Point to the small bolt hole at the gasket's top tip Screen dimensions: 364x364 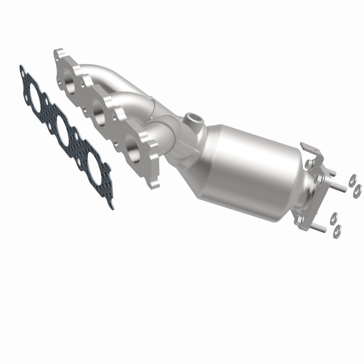22,69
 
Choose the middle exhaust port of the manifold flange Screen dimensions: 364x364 99,108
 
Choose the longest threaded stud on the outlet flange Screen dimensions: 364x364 335,186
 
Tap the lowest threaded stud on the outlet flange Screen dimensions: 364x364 321,227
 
